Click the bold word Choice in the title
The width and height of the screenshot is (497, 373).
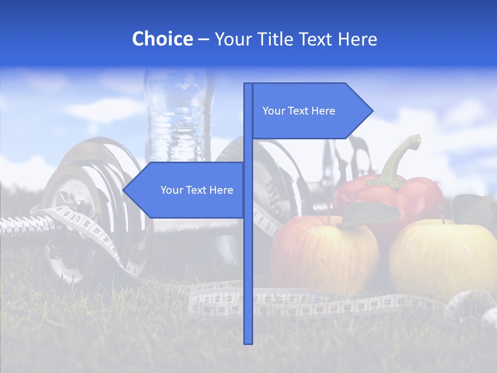point(162,39)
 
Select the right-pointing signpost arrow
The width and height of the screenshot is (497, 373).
point(311,111)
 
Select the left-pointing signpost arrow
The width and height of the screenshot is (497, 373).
point(186,190)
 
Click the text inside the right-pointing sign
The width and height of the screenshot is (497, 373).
point(299,111)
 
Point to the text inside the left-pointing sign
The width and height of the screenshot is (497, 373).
point(197,190)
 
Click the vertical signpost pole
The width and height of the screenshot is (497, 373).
point(248,259)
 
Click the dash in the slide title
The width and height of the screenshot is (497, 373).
point(203,39)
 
